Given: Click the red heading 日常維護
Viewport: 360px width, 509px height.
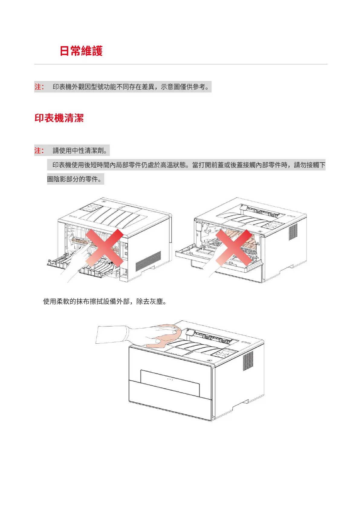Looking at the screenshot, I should tap(81, 51).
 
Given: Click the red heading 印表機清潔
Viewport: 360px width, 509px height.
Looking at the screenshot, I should tap(59, 118).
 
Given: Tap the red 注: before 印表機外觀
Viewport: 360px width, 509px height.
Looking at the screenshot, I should tap(39, 87).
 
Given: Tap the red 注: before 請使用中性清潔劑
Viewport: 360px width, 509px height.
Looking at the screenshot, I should tap(39, 151).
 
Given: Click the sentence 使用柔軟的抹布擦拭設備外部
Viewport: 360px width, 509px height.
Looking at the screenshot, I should tap(105, 301).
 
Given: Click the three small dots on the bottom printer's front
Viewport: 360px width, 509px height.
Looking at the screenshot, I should tap(170, 379).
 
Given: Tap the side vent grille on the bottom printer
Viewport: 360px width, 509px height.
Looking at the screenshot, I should tap(248, 361).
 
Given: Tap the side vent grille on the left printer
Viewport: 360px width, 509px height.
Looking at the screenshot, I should tap(148, 261).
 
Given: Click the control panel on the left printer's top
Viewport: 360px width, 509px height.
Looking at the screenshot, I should tap(90, 208).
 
